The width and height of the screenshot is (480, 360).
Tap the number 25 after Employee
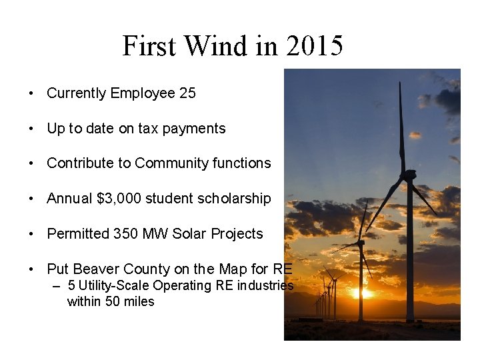tap(187, 93)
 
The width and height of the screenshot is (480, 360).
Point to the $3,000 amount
tap(119, 199)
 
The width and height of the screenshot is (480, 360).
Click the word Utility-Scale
tap(113, 286)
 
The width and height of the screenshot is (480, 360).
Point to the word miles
tap(139, 302)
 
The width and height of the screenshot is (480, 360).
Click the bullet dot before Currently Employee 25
tap(31, 94)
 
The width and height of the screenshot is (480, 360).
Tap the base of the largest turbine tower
tap(410, 320)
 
